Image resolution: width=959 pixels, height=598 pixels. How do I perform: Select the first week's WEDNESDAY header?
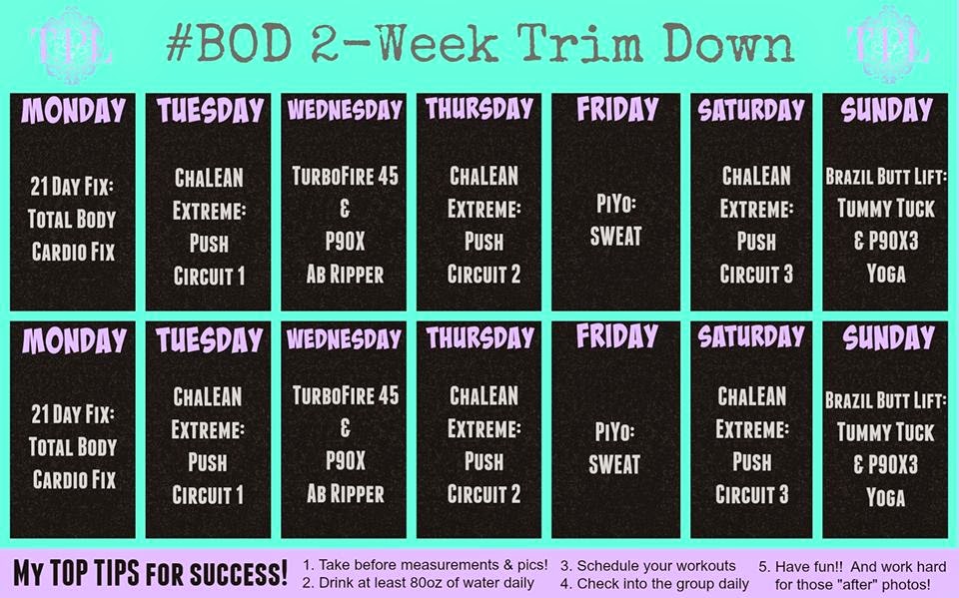pyautogui.click(x=345, y=110)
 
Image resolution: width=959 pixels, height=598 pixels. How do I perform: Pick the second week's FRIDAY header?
pyautogui.click(x=616, y=337)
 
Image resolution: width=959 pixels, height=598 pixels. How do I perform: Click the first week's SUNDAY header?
pyautogui.click(x=886, y=110)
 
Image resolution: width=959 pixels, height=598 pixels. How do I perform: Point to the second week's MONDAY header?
pyautogui.click(x=74, y=339)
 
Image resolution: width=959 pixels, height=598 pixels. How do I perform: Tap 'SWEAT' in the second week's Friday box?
pyautogui.click(x=615, y=464)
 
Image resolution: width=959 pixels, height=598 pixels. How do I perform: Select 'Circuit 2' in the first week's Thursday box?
pyautogui.click(x=483, y=274)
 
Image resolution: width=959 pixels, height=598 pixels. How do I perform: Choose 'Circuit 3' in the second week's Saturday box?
pyautogui.click(x=752, y=494)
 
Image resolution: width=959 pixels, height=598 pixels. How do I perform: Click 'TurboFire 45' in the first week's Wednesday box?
pyautogui.click(x=346, y=177)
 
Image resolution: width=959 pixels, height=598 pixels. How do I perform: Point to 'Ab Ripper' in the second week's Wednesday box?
pyautogui.click(x=346, y=494)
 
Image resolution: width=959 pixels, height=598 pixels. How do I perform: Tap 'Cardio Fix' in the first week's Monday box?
pyautogui.click(x=73, y=251)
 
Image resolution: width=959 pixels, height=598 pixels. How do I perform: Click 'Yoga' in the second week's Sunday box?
pyautogui.click(x=885, y=496)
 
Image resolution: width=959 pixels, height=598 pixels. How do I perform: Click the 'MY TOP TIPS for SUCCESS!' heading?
pyautogui.click(x=151, y=574)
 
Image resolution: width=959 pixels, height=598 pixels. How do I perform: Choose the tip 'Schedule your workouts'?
pyautogui.click(x=649, y=564)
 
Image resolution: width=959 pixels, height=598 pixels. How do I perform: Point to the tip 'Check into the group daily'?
pyautogui.click(x=655, y=583)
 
